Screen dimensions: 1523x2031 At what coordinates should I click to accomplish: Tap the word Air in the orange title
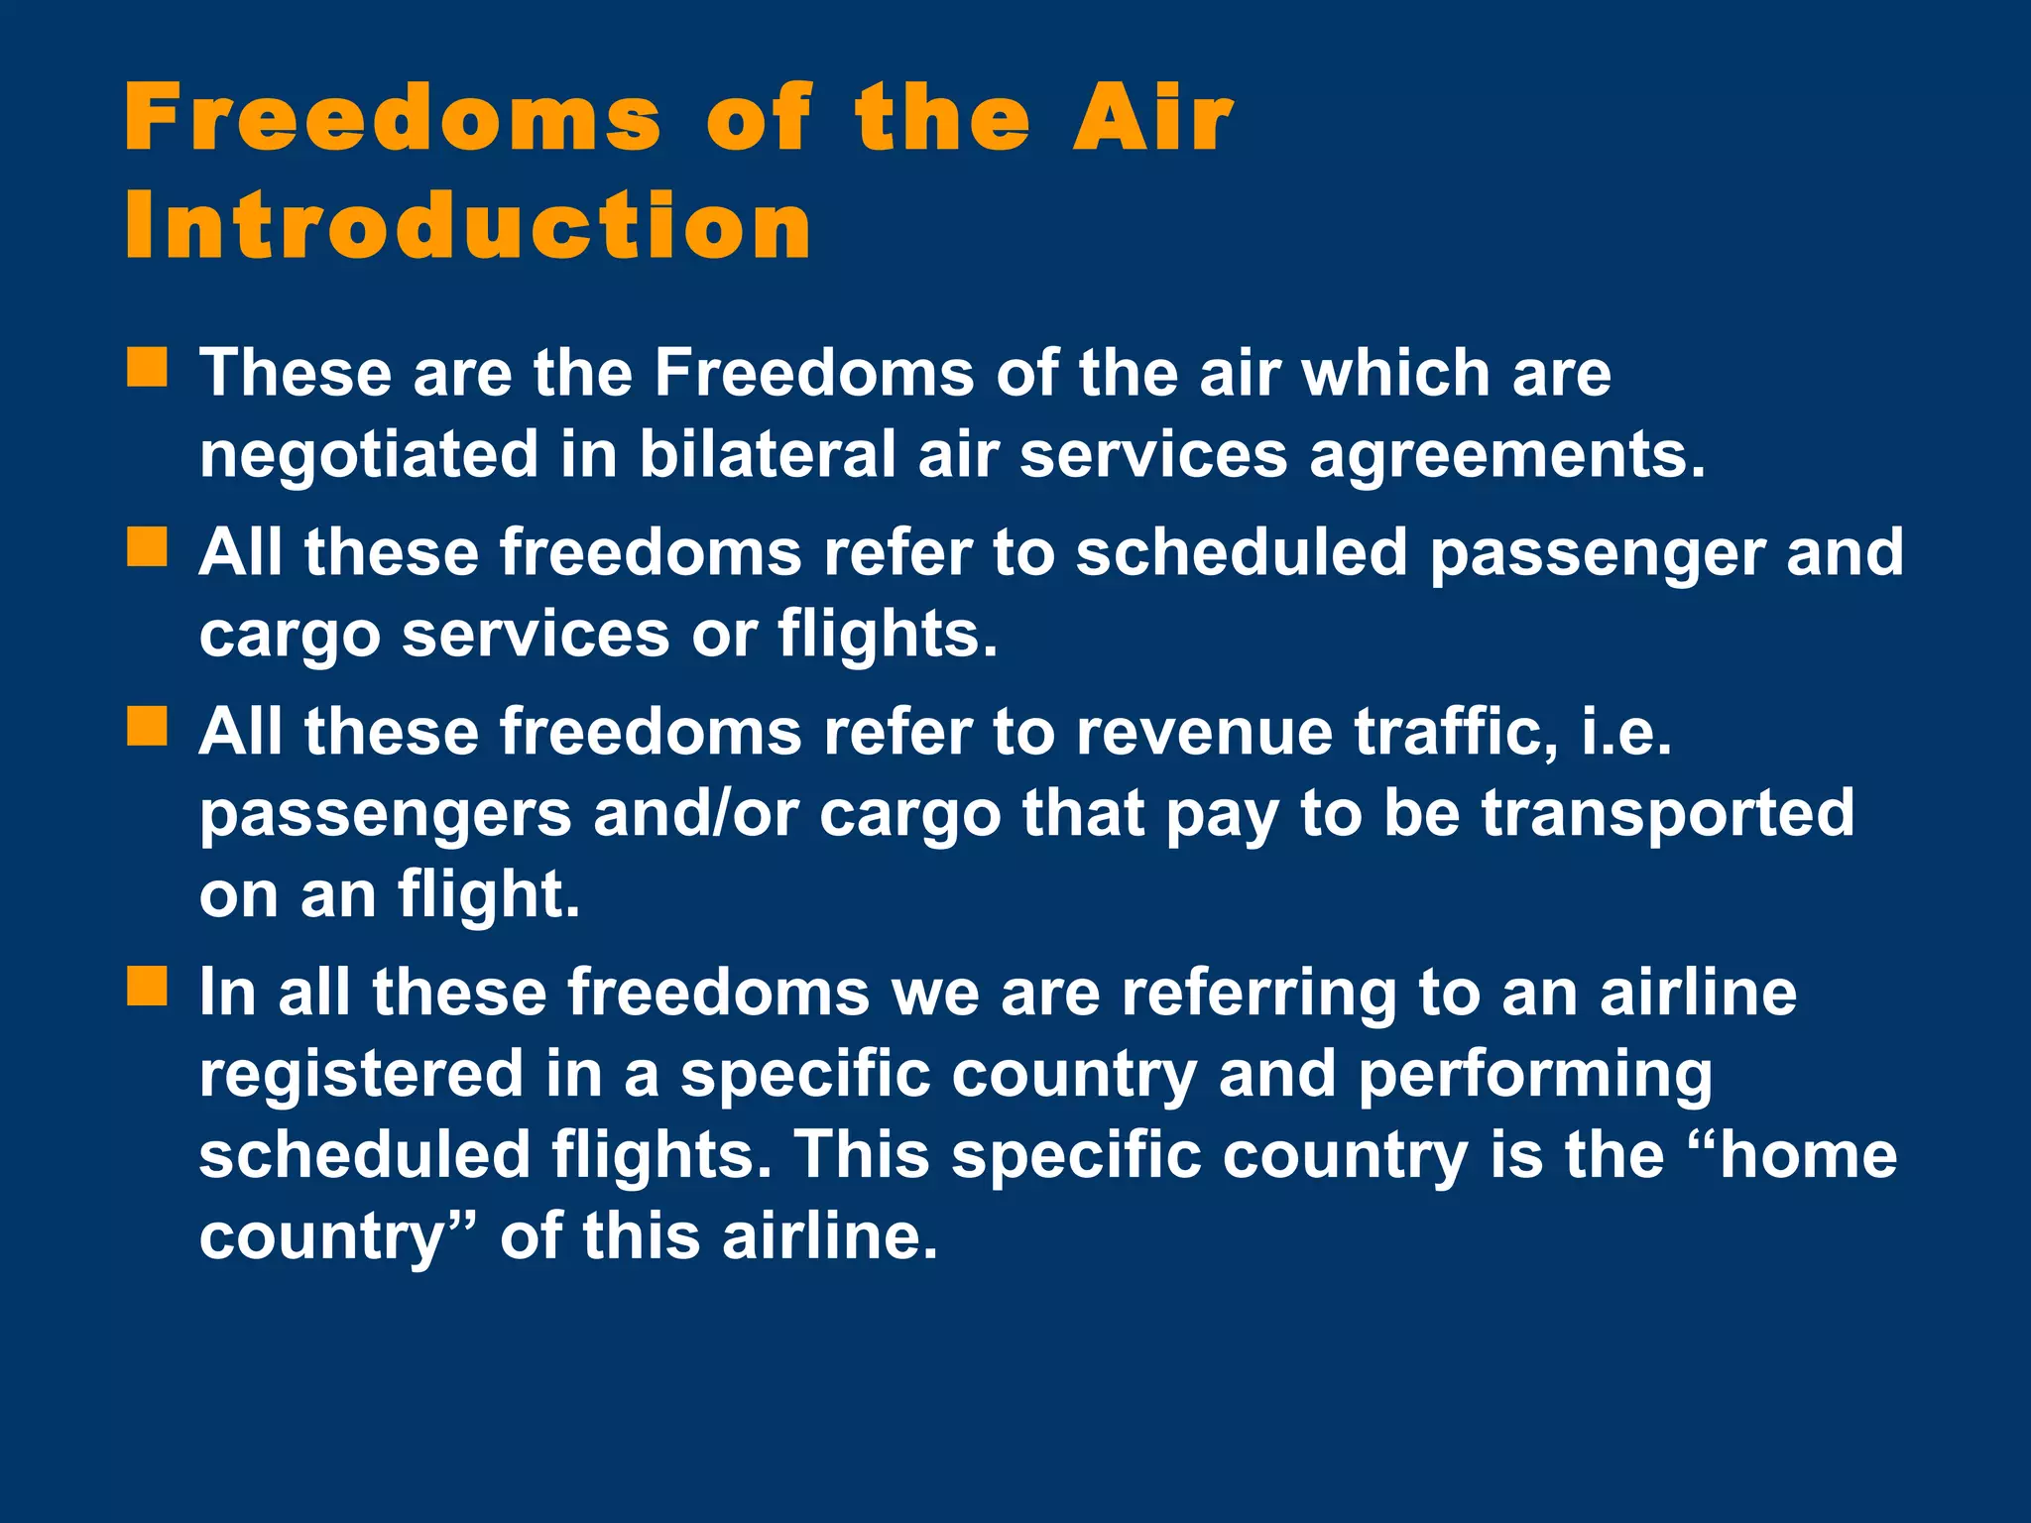pyautogui.click(x=1152, y=119)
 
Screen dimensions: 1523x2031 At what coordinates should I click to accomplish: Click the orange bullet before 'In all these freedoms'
pyautogui.click(x=147, y=987)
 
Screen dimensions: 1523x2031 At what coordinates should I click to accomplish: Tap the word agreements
pyautogui.click(x=1506, y=456)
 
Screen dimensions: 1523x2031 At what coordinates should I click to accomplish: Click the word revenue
pyautogui.click(x=1205, y=733)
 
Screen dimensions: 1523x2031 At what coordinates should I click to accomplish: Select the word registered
pyautogui.click(x=361, y=1075)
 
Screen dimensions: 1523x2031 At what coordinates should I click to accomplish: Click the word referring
pyautogui.click(x=1258, y=994)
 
